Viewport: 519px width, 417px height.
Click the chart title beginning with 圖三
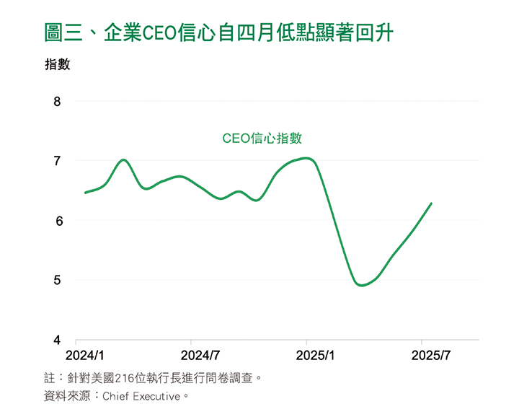218,32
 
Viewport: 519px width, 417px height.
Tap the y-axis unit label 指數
57,64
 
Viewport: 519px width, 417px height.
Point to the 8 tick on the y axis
58,102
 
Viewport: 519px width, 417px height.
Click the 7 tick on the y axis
58,161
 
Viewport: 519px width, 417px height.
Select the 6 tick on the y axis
58,221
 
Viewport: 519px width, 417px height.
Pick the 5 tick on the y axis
58,280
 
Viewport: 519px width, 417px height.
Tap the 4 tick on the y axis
58,340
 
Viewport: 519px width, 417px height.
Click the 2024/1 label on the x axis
85,356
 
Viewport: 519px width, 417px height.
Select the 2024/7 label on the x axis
200,356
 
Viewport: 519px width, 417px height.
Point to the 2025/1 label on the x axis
316,356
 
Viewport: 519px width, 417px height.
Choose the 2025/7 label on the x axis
431,356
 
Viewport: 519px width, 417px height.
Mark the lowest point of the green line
361,285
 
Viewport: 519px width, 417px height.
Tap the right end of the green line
431,203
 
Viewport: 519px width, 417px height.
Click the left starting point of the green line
85,193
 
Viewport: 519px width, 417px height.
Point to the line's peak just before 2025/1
308,157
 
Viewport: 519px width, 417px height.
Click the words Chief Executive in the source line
141,396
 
